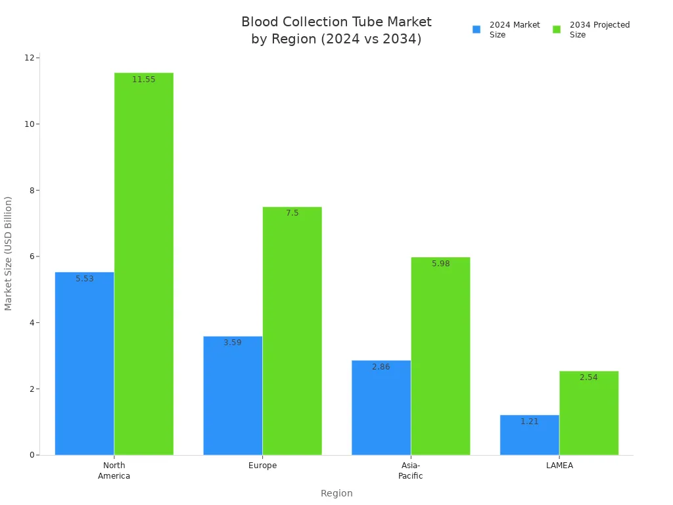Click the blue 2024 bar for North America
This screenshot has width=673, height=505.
tap(84, 363)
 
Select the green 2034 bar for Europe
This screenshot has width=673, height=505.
tap(292, 331)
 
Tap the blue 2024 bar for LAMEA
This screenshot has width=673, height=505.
tap(529, 435)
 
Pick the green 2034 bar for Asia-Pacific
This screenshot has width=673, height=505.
tap(440, 356)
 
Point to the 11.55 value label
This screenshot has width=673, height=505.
tap(143, 80)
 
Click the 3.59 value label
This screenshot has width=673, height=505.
tap(233, 343)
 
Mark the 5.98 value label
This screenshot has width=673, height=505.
tap(441, 264)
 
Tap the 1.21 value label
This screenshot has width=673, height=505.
tap(529, 421)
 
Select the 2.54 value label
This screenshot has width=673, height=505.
tap(589, 377)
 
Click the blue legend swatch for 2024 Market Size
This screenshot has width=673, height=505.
tap(476, 30)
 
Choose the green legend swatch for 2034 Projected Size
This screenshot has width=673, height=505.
tap(557, 30)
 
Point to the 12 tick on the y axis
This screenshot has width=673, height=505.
tap(30, 58)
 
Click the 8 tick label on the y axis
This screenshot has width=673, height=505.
tap(30, 190)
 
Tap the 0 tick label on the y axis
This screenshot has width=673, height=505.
tap(30, 455)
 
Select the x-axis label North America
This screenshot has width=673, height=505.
tap(114, 471)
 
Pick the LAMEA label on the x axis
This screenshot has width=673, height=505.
tap(559, 466)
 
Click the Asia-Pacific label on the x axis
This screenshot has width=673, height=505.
tap(411, 471)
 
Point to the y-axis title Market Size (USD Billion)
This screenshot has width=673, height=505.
tap(9, 253)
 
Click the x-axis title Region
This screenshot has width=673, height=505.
tap(336, 493)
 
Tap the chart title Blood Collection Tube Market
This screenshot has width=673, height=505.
tap(336, 22)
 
